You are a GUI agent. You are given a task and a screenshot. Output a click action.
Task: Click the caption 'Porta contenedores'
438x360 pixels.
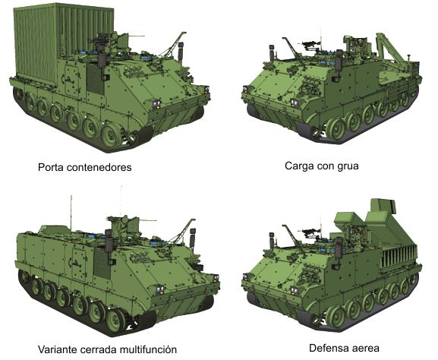pyautogui.click(x=84, y=167)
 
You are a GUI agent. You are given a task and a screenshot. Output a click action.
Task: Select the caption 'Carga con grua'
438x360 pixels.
pyautogui.click(x=322, y=166)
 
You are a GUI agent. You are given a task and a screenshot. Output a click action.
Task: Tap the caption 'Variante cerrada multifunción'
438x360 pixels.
pyautogui.click(x=107, y=349)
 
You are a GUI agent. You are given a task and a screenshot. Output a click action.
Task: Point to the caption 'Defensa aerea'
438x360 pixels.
pyautogui.click(x=344, y=348)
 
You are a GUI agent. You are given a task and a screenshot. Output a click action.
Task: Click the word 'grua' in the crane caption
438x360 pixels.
pyautogui.click(x=348, y=166)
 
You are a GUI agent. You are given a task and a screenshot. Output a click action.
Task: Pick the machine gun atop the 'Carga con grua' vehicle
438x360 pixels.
pyautogui.click(x=310, y=45)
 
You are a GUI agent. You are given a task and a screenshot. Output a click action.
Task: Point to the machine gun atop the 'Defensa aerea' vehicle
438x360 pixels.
pyautogui.click(x=310, y=232)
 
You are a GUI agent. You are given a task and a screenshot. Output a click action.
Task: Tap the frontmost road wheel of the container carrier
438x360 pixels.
pyautogui.click(x=112, y=136)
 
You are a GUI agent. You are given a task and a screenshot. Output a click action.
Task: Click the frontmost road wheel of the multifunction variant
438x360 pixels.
pyautogui.click(x=117, y=320)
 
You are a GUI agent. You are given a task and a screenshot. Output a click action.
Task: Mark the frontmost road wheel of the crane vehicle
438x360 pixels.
pyautogui.click(x=336, y=129)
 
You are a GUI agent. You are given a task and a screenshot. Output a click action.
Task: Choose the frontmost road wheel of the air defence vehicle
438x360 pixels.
pyautogui.click(x=336, y=316)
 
